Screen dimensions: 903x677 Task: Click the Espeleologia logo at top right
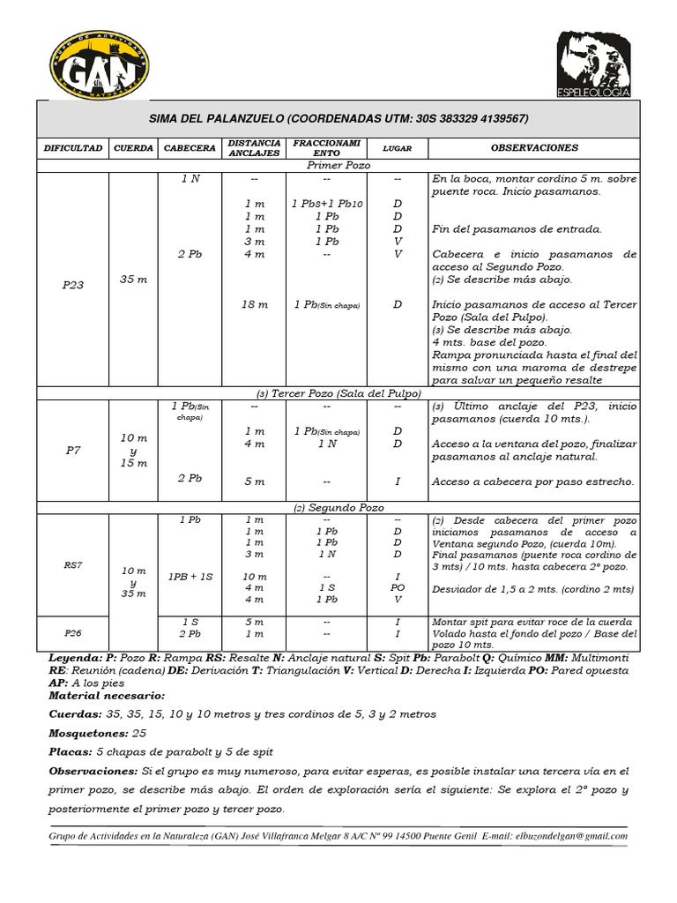pyautogui.click(x=593, y=65)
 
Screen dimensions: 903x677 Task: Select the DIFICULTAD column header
pyautogui.click(x=73, y=148)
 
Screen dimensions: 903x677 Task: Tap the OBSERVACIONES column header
pyautogui.click(x=534, y=148)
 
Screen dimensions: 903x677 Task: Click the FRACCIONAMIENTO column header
pyautogui.click(x=326, y=147)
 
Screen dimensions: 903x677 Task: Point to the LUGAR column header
pyautogui.click(x=398, y=148)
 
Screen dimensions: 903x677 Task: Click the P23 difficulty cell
pyautogui.click(x=72, y=285)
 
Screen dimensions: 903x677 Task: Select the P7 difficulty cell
pyautogui.click(x=72, y=450)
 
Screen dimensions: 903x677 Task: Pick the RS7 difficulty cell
pyautogui.click(x=72, y=565)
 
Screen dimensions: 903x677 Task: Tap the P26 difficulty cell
pyautogui.click(x=72, y=633)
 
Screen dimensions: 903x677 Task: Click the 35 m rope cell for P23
pyautogui.click(x=133, y=280)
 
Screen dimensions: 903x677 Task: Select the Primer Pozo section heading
pyautogui.click(x=338, y=165)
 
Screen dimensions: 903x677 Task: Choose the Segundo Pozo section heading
pyautogui.click(x=338, y=508)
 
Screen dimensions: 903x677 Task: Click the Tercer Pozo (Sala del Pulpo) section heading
pyautogui.click(x=338, y=393)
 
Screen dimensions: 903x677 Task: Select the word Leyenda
pyautogui.click(x=76, y=659)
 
